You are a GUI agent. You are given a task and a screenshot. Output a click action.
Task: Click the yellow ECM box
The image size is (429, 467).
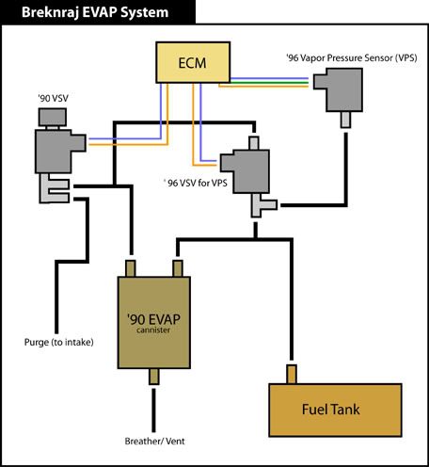pos(193,62)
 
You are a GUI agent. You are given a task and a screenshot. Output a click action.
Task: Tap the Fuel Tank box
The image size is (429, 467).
pos(335,410)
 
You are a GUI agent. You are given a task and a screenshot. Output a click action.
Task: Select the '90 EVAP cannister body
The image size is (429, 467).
pos(154,322)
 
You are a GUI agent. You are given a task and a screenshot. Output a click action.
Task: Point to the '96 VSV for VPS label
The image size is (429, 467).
pos(196,183)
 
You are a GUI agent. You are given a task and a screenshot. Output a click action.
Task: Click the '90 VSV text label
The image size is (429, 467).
pos(53,98)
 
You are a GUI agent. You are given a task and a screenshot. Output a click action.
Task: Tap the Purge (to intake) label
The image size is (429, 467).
pos(59,342)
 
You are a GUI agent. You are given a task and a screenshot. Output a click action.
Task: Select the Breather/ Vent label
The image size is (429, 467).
pos(154,441)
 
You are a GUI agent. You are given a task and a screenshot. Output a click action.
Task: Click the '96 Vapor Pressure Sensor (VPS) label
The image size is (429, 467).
pos(352,57)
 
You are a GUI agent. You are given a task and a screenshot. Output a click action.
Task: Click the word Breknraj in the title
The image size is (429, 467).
pos(50,12)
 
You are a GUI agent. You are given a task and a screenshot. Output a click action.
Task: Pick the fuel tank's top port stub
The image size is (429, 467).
pos(292,374)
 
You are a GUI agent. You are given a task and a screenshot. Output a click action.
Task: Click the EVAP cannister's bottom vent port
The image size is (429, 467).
pos(153,377)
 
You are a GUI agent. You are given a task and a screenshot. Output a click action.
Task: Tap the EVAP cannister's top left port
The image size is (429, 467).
pos(131,268)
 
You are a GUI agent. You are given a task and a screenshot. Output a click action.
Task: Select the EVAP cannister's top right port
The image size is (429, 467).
pos(178,268)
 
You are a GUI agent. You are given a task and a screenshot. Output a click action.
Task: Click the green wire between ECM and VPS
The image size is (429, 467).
pos(269,82)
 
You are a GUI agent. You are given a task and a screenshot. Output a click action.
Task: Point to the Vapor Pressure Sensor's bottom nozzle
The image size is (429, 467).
pos(345,120)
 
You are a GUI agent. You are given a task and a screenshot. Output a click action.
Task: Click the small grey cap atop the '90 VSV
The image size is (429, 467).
pos(53,117)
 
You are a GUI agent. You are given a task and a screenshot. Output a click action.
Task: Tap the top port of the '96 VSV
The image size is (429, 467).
pos(254,143)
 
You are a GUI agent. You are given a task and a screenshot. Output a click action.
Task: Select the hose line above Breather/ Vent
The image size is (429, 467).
pos(153,411)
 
